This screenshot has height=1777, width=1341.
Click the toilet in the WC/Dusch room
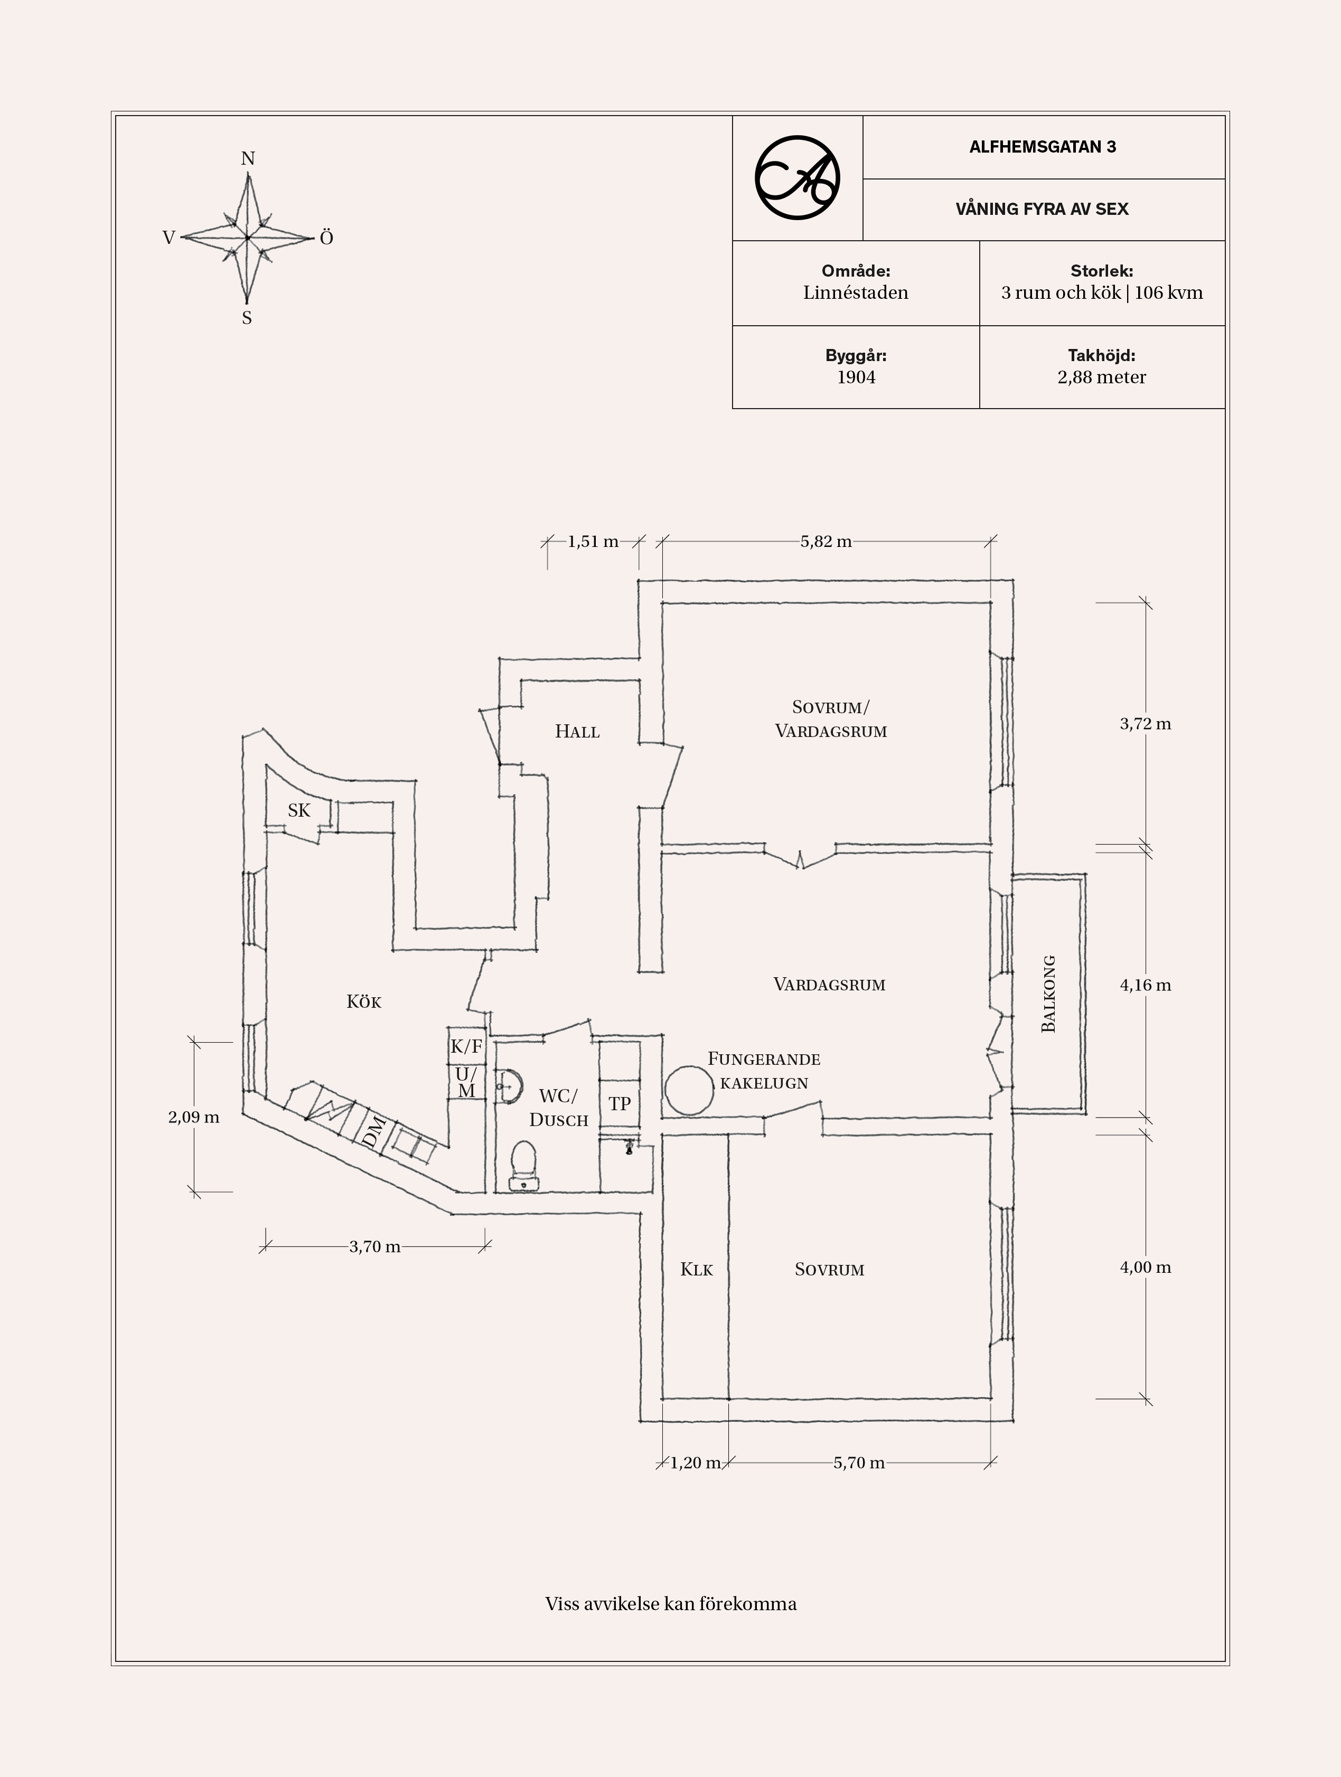(x=524, y=1162)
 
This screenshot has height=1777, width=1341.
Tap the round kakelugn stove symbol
(x=689, y=1090)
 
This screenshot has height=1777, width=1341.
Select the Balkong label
(x=1048, y=994)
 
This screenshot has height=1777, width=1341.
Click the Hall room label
(x=577, y=731)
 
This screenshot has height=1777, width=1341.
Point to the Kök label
(x=363, y=1002)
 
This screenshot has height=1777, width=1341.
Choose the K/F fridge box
(x=466, y=1046)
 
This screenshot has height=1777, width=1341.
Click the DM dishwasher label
(x=373, y=1133)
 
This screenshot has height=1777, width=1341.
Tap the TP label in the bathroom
(x=620, y=1104)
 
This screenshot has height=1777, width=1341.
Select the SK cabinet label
(x=299, y=810)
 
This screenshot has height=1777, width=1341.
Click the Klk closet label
(x=696, y=1269)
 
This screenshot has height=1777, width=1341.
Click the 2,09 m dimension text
(x=194, y=1117)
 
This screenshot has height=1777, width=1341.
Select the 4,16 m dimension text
(x=1145, y=985)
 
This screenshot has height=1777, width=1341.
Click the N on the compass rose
(x=248, y=159)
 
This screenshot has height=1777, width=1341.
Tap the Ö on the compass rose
(x=326, y=238)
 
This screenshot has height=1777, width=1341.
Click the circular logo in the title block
(x=797, y=177)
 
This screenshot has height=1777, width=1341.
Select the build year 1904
(x=856, y=377)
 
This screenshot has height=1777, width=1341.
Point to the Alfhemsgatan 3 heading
(x=1042, y=147)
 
